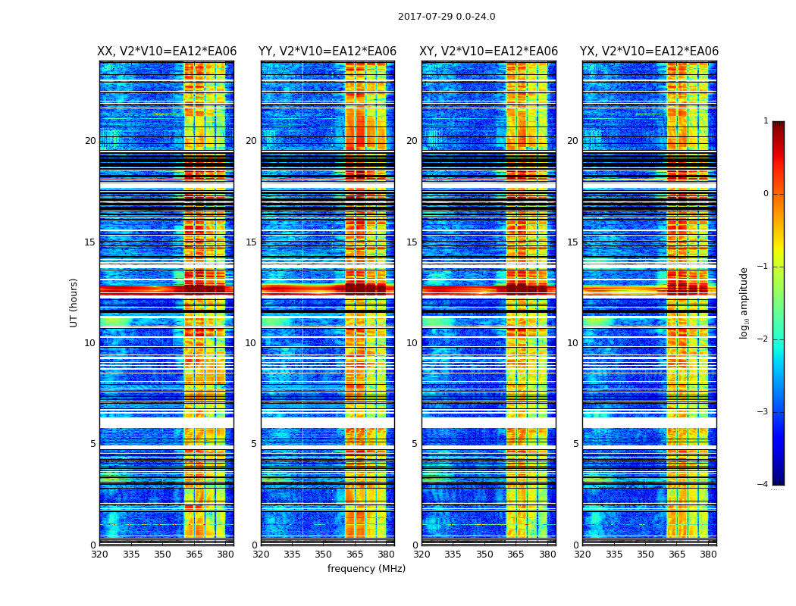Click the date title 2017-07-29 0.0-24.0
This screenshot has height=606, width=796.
pyautogui.click(x=447, y=17)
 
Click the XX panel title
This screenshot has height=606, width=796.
pyautogui.click(x=167, y=52)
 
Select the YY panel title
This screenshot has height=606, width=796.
pyautogui.click(x=327, y=52)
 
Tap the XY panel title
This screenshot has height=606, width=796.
pyautogui.click(x=489, y=52)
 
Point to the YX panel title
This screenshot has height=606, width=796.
pyautogui.click(x=649, y=52)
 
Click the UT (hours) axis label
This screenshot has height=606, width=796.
pyautogui.click(x=74, y=302)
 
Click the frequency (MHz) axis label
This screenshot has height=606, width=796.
pyautogui.click(x=366, y=569)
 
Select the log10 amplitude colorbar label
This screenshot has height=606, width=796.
pyautogui.click(x=744, y=302)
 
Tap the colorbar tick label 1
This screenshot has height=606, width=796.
pyautogui.click(x=766, y=121)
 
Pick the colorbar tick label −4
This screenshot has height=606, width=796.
pyautogui.click(x=763, y=485)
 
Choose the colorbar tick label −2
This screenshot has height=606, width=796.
pyautogui.click(x=763, y=339)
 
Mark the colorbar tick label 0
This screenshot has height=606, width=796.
pyautogui.click(x=766, y=194)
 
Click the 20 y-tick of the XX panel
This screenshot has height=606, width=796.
pyautogui.click(x=90, y=141)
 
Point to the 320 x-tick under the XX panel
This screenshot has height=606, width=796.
pyautogui.click(x=99, y=554)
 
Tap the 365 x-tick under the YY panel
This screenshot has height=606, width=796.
pyautogui.click(x=355, y=554)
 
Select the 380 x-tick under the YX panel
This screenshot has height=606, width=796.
pyautogui.click(x=708, y=554)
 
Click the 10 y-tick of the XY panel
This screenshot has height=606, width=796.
pyautogui.click(x=412, y=343)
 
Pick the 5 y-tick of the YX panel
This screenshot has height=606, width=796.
pyautogui.click(x=576, y=444)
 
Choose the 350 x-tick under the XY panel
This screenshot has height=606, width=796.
pyautogui.click(x=484, y=554)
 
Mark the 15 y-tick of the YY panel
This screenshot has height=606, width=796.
pyautogui.click(x=251, y=242)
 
